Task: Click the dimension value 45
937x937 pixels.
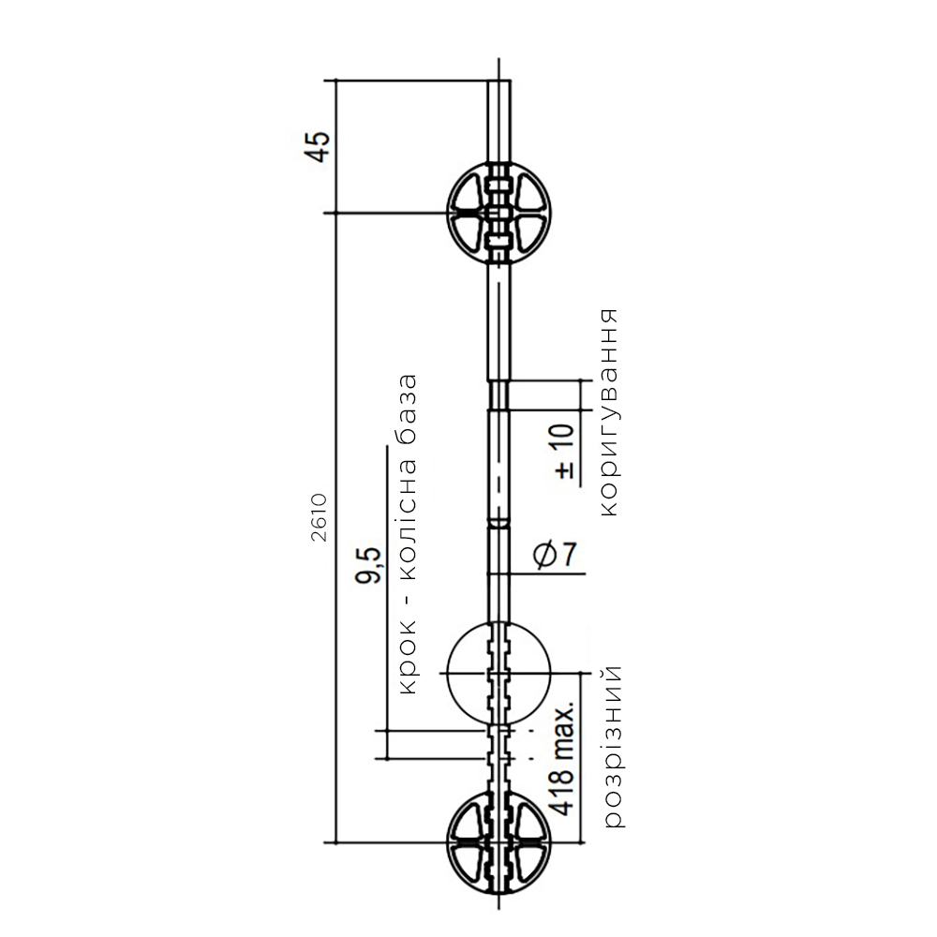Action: tap(318, 146)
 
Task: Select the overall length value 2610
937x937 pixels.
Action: tap(320, 517)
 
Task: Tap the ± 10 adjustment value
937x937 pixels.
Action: tap(563, 452)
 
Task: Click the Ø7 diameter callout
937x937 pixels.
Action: tap(555, 555)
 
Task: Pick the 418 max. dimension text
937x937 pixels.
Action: tap(562, 758)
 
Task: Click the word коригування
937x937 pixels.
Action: tap(608, 412)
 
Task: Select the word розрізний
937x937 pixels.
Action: tap(613, 747)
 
